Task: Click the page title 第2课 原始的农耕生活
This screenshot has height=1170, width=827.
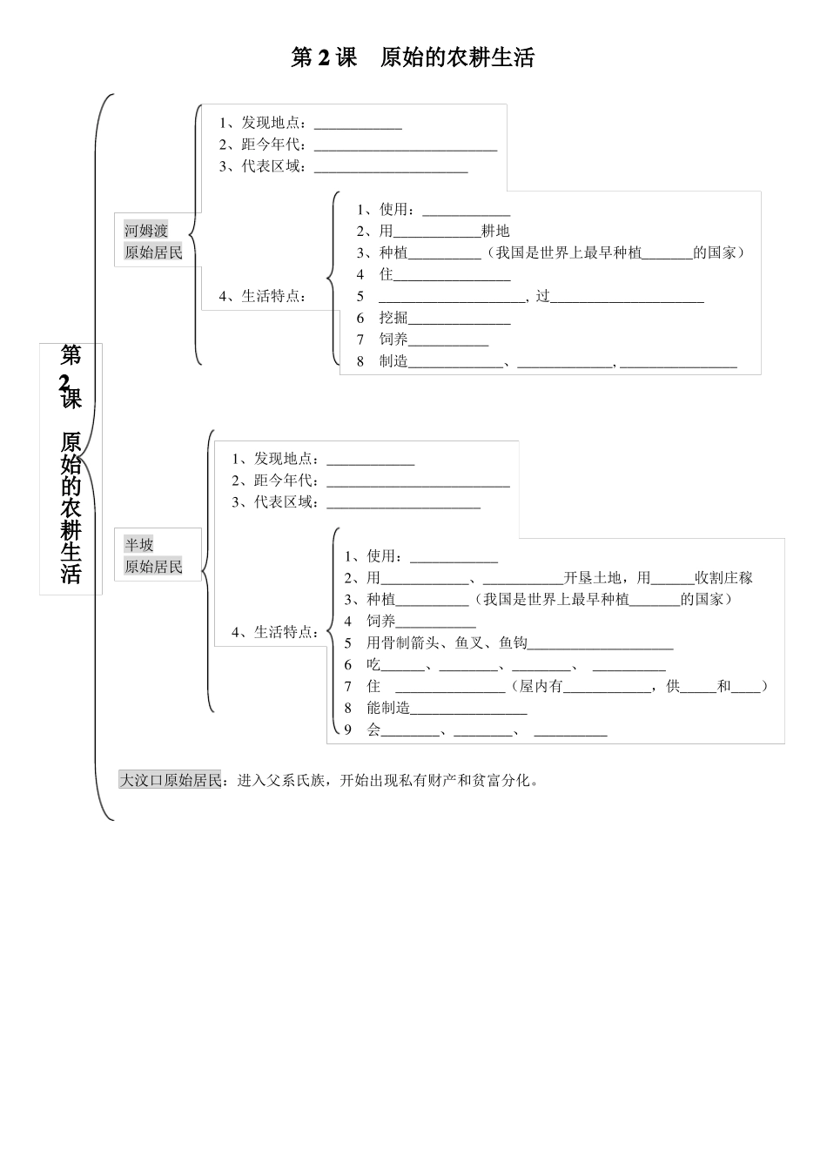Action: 413,57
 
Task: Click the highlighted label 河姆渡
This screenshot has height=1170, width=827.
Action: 145,231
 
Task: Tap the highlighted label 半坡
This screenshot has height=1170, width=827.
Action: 138,545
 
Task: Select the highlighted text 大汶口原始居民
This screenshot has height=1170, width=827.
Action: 171,780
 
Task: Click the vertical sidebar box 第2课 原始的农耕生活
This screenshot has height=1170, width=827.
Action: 71,468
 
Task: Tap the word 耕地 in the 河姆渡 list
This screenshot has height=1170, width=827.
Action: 495,231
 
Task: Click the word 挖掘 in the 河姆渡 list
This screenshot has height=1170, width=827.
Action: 393,318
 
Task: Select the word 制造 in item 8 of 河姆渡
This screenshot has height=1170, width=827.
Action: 393,361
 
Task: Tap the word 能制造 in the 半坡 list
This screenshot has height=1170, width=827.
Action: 388,708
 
